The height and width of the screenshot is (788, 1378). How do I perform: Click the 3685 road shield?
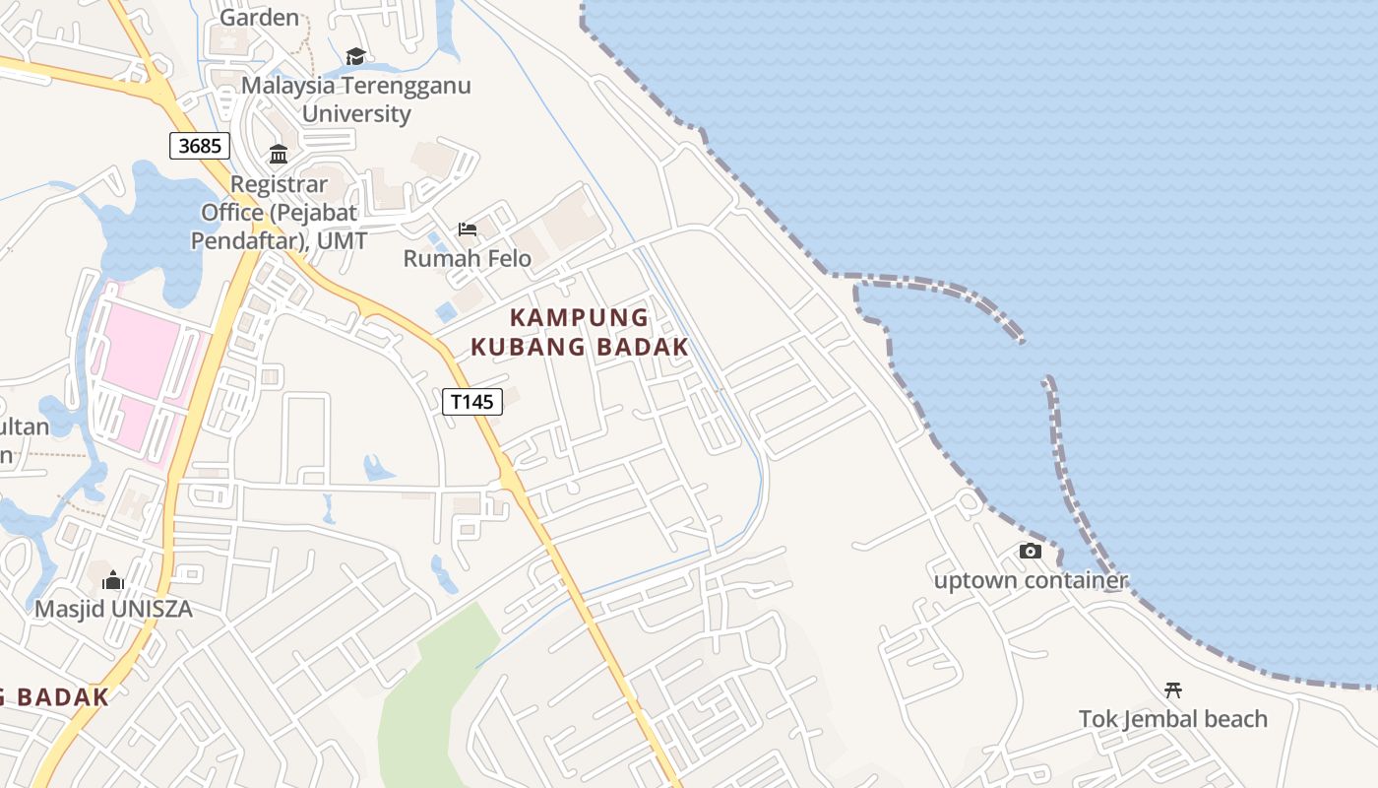pos(200,146)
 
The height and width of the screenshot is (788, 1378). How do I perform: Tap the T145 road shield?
pos(472,401)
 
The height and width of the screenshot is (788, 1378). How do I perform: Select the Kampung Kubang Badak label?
pos(579,332)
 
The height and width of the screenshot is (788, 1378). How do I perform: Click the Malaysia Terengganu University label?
pos(356,98)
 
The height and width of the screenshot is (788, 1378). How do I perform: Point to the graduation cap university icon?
pos(355,57)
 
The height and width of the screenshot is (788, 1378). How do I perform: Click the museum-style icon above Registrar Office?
pos(279,155)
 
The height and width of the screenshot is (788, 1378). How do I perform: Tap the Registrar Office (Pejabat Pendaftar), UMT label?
pos(279,212)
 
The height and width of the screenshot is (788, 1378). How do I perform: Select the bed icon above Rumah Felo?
pos(468,230)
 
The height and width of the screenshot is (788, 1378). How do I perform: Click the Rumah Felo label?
pos(468,258)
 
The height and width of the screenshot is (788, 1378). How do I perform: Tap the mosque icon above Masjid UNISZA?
pos(113,580)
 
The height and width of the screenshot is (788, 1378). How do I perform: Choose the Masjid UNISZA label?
pos(113,609)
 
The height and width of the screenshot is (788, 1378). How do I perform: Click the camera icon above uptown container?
pos(1031,551)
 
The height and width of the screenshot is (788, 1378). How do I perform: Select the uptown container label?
pos(1031,580)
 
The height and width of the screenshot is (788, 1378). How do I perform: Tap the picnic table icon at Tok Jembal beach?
pos(1172,689)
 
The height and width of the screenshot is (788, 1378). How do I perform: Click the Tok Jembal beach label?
pos(1172,719)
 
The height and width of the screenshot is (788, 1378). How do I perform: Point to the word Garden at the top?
pos(259,17)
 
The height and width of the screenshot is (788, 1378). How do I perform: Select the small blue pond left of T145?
pos(377,467)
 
